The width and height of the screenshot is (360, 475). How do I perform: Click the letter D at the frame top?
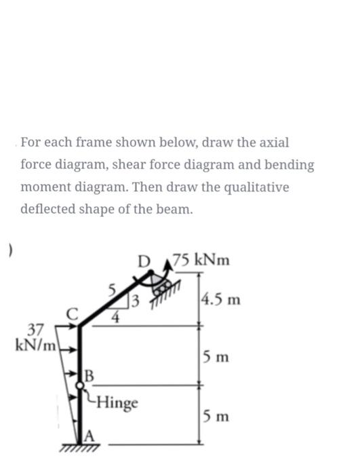(142, 261)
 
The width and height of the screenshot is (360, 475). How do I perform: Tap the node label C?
(73, 313)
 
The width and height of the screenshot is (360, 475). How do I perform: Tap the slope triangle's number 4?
(117, 316)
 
